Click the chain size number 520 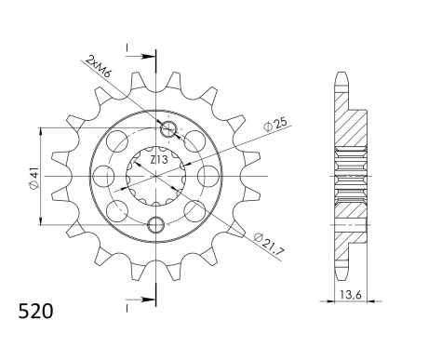pos(35,311)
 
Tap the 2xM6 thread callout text pos(98,66)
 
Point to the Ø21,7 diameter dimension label pos(269,243)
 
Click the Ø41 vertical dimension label pos(33,177)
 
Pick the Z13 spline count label pos(159,160)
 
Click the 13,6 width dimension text pos(351,295)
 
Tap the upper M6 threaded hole pos(168,129)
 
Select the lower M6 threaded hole pos(155,225)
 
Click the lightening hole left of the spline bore pos(103,176)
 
